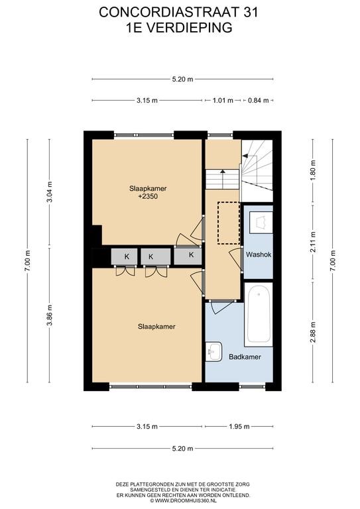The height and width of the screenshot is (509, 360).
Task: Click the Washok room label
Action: click(x=259, y=254)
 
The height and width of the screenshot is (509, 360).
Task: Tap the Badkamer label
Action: click(x=245, y=357)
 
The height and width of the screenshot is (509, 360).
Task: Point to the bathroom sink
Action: click(x=213, y=351)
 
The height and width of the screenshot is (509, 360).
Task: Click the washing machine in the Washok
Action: click(x=261, y=223)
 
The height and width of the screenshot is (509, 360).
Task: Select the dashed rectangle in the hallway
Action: click(x=229, y=223)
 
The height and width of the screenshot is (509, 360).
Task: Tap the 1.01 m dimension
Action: click(x=223, y=100)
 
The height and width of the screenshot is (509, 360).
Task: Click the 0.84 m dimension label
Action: click(x=259, y=100)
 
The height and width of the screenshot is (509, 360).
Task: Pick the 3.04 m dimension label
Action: click(x=49, y=192)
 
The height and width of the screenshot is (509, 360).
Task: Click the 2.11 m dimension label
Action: click(x=313, y=242)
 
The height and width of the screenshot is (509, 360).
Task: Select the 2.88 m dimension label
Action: click(x=313, y=332)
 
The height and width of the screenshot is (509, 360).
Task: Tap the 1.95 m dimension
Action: click(x=239, y=427)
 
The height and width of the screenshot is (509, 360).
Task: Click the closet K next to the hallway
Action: click(x=188, y=255)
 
